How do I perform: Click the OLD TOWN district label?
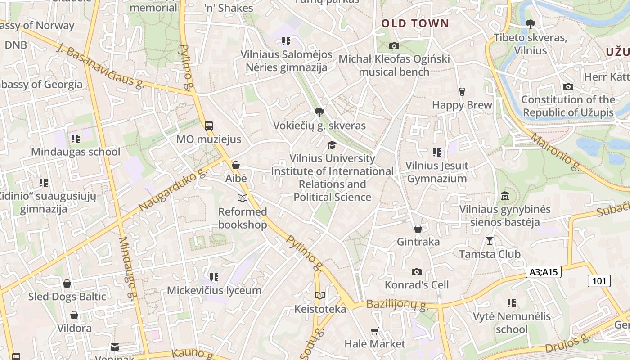coord(415,23)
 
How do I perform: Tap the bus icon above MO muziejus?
coord(208,126)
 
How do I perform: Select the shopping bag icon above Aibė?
coord(236,165)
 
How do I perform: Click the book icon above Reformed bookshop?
coord(243,198)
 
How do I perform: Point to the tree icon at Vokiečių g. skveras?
coord(319,112)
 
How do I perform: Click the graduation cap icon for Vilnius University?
coord(332,145)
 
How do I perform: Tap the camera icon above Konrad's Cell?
coord(417,272)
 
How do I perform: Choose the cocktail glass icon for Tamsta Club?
coord(490,241)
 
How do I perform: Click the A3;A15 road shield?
coord(543,272)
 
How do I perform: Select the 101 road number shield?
coord(599,281)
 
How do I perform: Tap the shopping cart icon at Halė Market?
coord(374,331)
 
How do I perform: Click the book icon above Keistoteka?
coord(320,296)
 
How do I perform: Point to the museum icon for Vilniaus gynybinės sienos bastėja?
coord(505,197)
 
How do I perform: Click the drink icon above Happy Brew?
coord(462,92)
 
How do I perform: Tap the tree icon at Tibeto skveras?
coord(530,24)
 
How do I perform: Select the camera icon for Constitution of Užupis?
coord(568,86)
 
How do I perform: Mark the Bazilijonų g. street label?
coord(396,305)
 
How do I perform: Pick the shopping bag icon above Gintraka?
coord(418,229)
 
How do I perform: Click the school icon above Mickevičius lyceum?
coord(214,277)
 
